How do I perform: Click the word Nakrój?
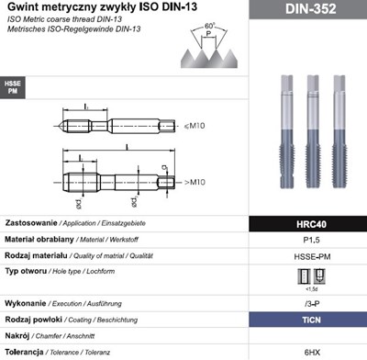18,336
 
